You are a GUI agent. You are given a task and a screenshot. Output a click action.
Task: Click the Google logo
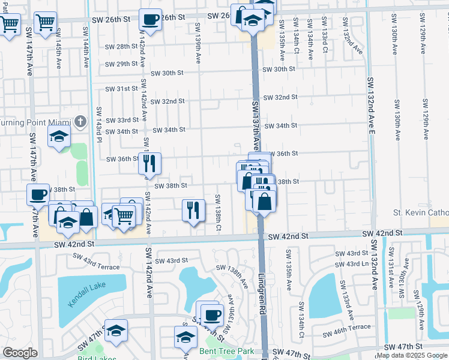[x=19, y=353]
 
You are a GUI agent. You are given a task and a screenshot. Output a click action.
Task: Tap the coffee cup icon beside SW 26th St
[x=151, y=19]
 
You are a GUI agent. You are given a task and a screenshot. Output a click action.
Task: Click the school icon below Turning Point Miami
[x=59, y=137]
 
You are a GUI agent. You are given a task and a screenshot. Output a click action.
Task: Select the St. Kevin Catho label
[x=420, y=212]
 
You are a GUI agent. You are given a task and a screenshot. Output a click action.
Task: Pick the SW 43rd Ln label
[x=351, y=264]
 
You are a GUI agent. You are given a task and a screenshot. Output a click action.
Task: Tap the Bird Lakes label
[x=96, y=358]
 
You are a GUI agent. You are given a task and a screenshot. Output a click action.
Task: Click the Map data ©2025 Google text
[x=412, y=355]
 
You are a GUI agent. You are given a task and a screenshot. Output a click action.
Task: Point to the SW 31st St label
[x=118, y=89]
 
